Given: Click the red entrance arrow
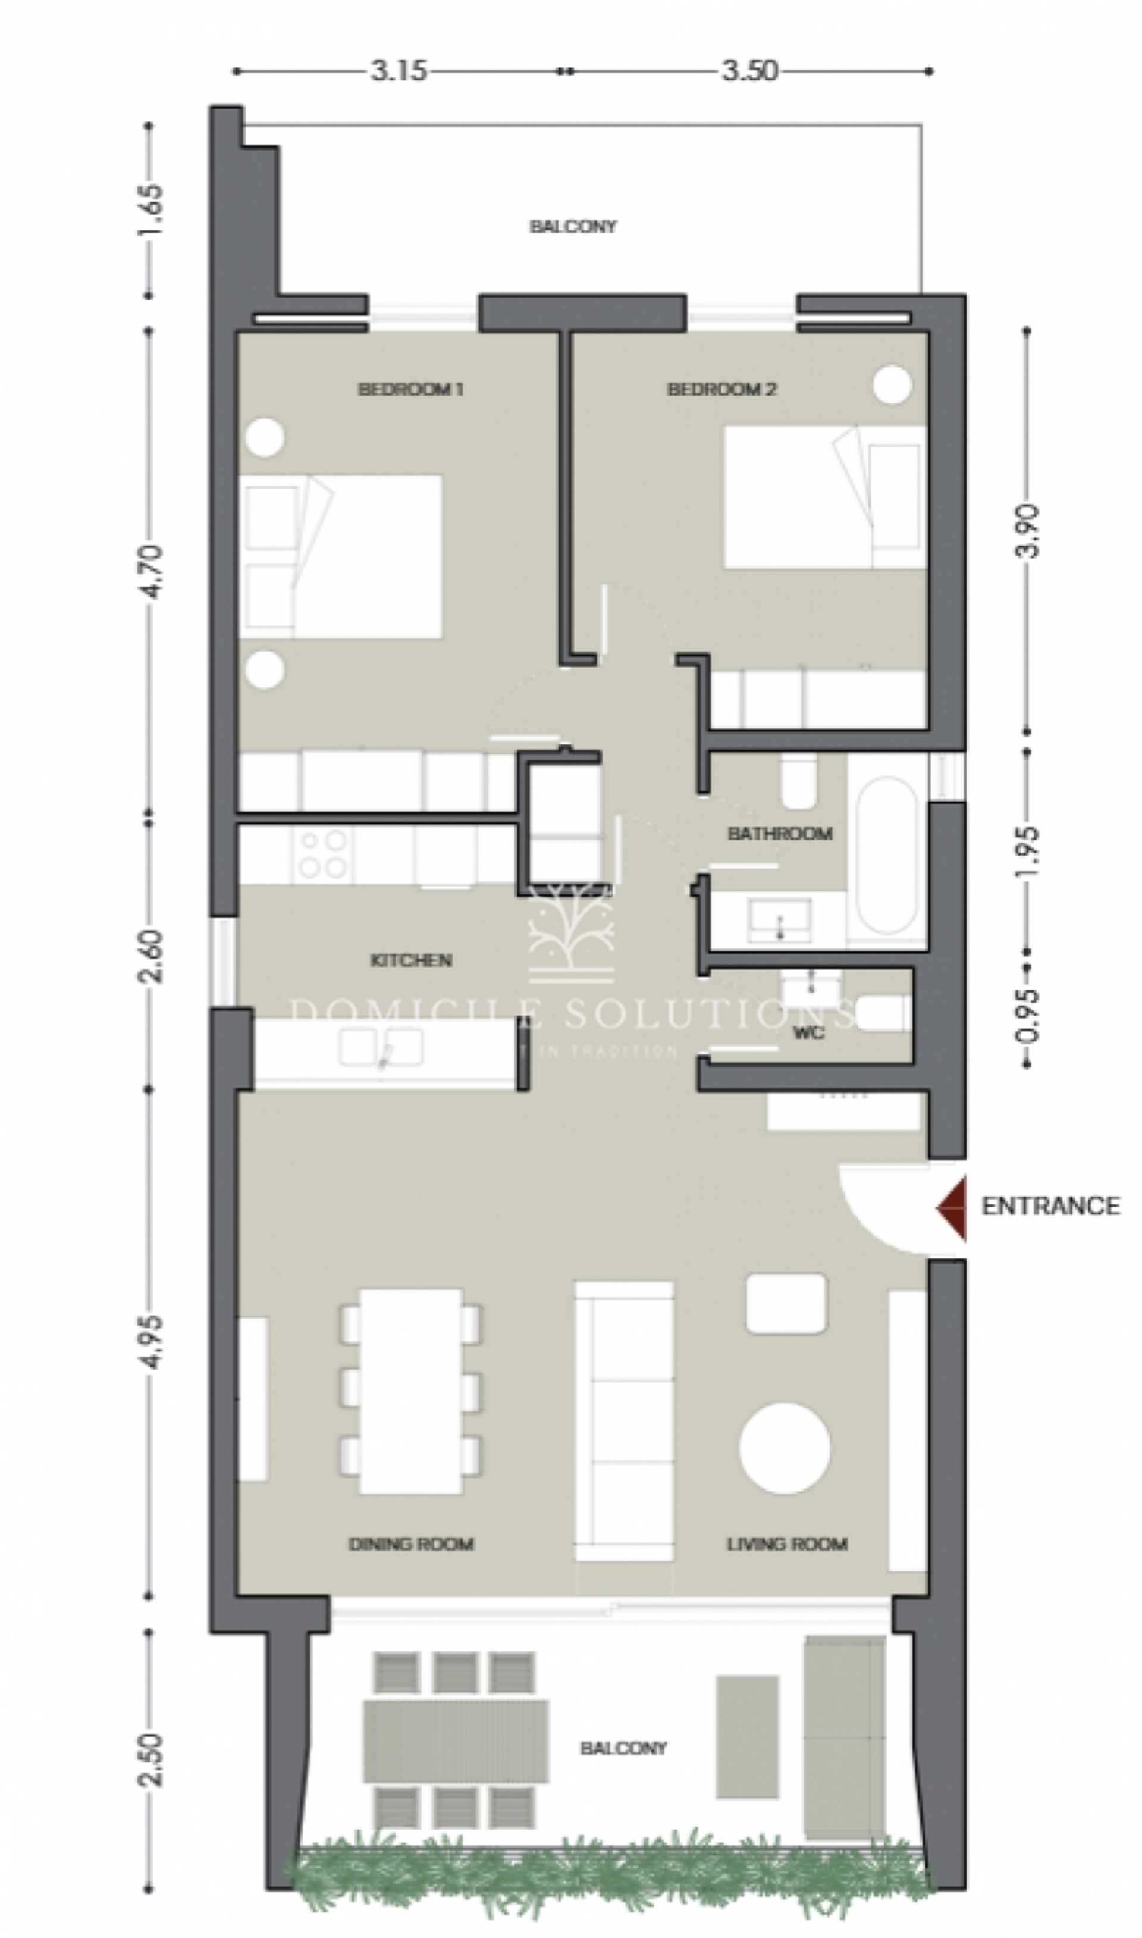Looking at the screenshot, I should [953, 1209].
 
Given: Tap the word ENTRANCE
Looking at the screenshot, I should [1050, 1206].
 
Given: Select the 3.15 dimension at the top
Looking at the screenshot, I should [399, 71].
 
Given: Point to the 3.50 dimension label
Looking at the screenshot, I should [749, 71].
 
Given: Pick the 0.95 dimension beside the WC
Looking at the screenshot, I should [1029, 1015].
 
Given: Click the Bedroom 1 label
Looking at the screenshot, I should [411, 390].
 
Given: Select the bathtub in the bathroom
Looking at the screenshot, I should [886, 855].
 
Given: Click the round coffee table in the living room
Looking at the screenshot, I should [784, 1448].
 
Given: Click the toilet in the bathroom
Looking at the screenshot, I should [799, 782].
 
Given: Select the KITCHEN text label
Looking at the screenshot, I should [411, 960].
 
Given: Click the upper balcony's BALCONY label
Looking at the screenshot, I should [573, 226].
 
